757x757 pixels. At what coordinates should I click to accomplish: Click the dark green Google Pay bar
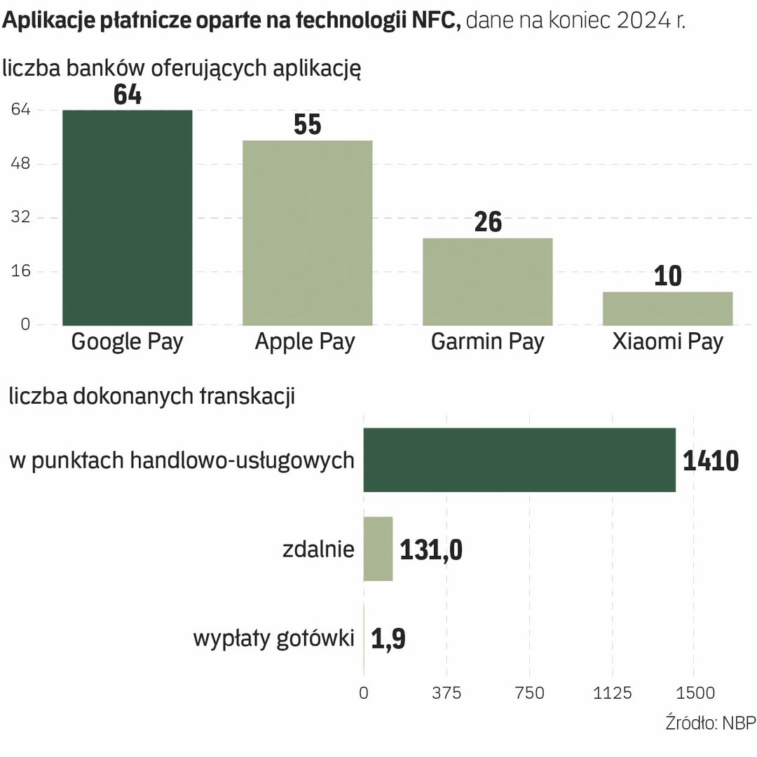(127, 217)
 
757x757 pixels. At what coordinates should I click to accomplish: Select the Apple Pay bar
(307, 233)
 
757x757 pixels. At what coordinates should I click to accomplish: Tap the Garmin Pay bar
(488, 281)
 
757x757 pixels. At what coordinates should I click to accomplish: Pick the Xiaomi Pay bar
(667, 308)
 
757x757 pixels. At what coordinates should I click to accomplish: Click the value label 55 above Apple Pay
(307, 125)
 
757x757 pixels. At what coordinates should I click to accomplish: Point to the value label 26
(488, 221)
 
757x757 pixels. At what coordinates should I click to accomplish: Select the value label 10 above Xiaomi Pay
(667, 275)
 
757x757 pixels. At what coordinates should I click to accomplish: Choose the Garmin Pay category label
(488, 342)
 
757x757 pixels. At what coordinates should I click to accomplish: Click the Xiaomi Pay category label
(667, 342)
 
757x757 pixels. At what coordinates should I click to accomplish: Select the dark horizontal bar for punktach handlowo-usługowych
(519, 460)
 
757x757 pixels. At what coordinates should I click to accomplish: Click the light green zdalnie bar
(378, 549)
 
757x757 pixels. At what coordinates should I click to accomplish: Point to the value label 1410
(711, 461)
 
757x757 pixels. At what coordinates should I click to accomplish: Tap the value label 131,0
(431, 550)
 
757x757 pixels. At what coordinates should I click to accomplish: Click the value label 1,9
(388, 639)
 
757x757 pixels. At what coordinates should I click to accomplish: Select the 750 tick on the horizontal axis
(529, 693)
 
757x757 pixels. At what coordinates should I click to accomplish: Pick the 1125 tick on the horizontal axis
(612, 693)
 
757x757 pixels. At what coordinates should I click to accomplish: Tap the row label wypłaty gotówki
(273, 639)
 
